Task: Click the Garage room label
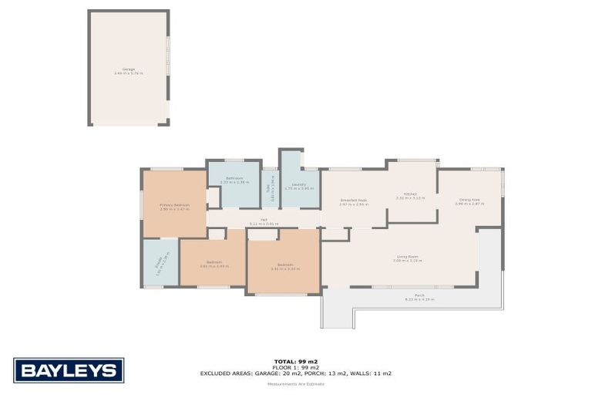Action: click(x=129, y=70)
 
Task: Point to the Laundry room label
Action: click(x=300, y=185)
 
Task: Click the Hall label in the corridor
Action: click(x=264, y=221)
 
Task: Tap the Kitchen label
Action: click(x=410, y=195)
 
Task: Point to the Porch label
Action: click(x=419, y=296)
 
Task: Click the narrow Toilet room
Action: click(x=270, y=189)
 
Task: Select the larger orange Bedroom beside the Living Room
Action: click(x=283, y=266)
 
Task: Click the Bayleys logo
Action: click(x=69, y=370)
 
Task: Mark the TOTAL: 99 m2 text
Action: click(x=295, y=360)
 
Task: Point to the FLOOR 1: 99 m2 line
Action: click(x=295, y=366)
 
